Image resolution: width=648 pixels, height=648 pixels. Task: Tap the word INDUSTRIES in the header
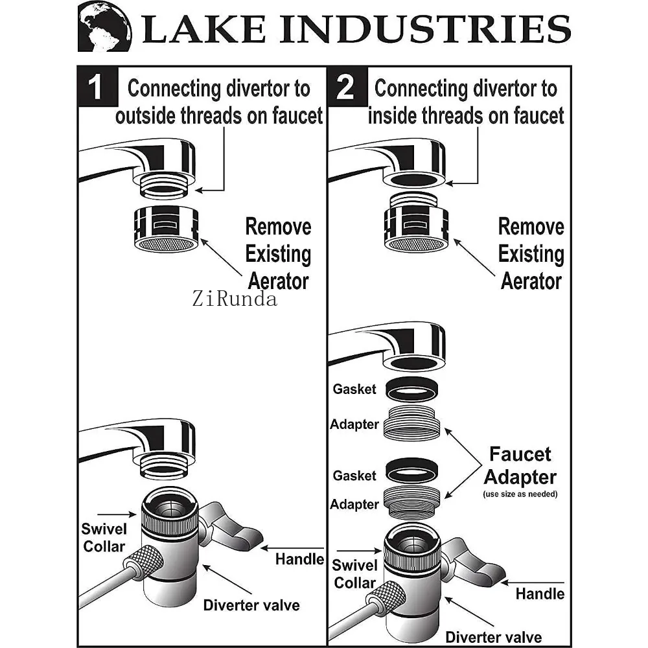point(441,29)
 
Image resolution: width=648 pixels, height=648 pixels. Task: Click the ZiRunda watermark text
point(234,299)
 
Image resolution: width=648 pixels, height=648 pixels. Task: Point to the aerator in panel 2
point(415,229)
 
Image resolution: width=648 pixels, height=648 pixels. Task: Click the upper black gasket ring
point(411,389)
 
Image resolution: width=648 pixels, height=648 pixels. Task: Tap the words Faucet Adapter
point(520,465)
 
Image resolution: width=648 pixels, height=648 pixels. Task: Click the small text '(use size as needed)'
point(520,494)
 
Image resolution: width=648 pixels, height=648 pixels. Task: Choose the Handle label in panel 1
point(299,558)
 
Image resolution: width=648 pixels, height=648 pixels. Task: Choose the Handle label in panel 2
point(540,593)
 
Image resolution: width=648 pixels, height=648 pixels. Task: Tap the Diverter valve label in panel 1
point(251,605)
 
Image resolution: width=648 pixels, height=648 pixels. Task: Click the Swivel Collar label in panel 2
point(354,573)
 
